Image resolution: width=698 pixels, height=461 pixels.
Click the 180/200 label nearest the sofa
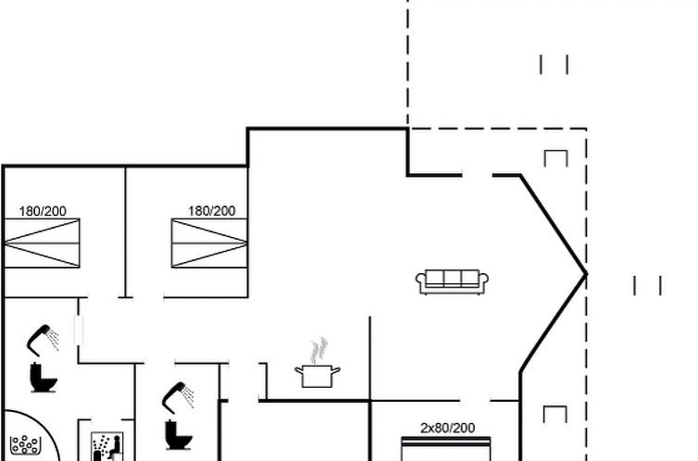211,210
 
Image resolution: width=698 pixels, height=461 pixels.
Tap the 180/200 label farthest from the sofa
43,211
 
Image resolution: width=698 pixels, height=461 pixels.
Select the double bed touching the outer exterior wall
42,243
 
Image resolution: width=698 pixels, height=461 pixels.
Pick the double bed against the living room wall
209,243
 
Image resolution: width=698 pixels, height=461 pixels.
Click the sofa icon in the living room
452,281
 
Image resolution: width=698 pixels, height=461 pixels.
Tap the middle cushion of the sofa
452,278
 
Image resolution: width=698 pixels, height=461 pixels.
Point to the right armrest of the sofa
483,280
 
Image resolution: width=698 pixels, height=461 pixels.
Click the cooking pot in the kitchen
318,376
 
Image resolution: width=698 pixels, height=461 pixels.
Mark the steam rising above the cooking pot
318,350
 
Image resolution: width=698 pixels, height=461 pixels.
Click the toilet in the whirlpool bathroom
44,378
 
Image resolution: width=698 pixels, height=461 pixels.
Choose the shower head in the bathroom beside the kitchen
178,397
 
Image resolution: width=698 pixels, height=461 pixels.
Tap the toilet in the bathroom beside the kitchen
179,435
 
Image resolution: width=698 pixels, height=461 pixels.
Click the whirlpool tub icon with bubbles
25,445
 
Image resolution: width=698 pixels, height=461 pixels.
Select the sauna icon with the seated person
106,446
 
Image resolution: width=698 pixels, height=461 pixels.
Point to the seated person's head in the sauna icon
117,439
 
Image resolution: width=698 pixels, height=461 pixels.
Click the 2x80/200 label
447,428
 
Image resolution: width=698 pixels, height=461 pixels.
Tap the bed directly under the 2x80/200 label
446,449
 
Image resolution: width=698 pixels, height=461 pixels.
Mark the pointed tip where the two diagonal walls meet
586,275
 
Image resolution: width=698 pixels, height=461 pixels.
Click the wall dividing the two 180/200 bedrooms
126,231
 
